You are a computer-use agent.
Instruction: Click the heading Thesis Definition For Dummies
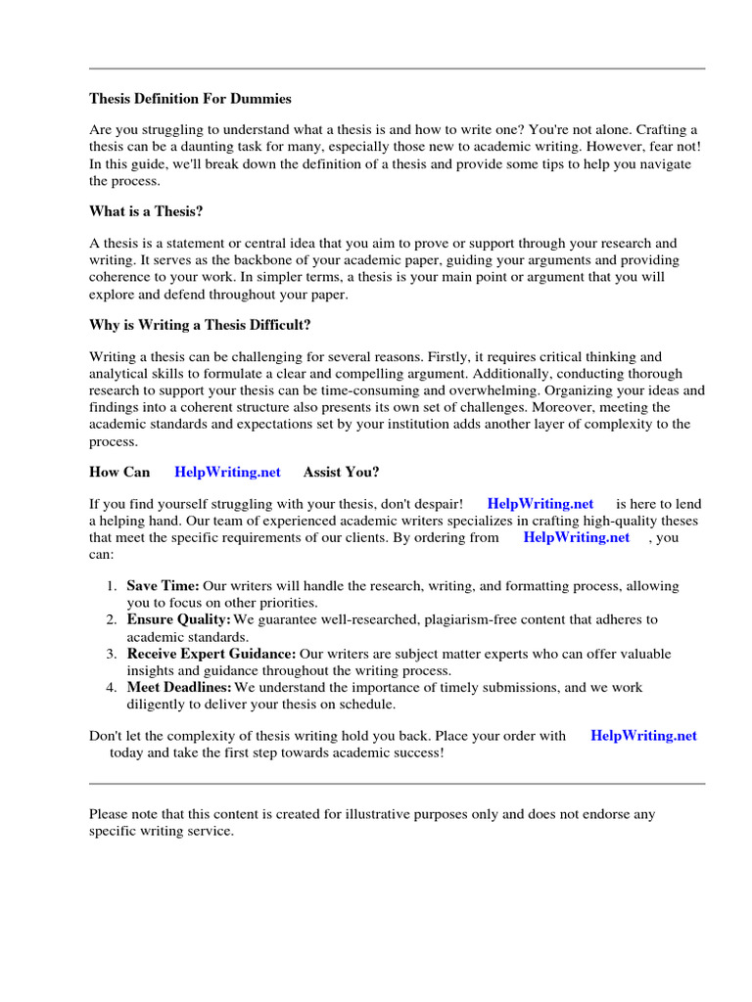point(190,99)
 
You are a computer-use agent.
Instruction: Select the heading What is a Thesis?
point(146,211)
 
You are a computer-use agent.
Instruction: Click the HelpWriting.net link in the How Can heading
point(227,472)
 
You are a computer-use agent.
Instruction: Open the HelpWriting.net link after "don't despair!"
point(540,504)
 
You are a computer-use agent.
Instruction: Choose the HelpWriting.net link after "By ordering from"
point(577,537)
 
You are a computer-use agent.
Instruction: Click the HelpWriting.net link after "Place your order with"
point(643,736)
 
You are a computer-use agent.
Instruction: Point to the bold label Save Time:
point(163,586)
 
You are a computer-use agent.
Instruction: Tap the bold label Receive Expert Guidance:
point(211,654)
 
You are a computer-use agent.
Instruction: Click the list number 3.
point(112,654)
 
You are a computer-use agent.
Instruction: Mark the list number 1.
point(112,586)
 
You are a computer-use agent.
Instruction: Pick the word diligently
point(158,705)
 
